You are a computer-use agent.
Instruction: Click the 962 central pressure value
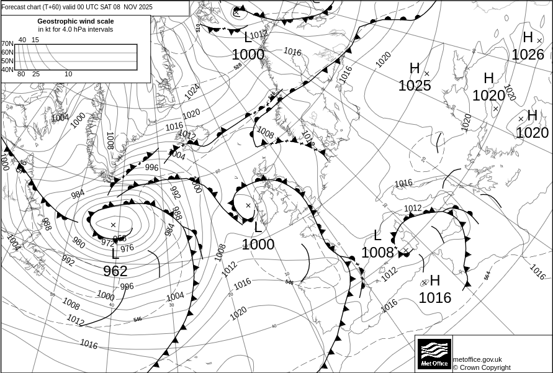coord(115,271)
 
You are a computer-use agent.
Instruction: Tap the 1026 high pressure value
coord(528,55)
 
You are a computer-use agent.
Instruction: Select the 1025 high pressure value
coord(415,86)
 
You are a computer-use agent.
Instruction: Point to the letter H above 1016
coord(434,281)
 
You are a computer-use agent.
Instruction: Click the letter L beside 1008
coord(377,235)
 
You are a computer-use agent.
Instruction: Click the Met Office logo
coord(434,354)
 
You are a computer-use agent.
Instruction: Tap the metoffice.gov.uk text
coord(477,359)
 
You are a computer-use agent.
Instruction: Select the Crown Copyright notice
coord(482,367)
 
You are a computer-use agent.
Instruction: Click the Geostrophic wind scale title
coord(76,21)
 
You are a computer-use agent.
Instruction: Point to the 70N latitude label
coord(7,43)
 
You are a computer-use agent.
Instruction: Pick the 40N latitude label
coord(7,70)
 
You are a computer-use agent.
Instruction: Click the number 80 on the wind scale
coord(21,74)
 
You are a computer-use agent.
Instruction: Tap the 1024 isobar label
coord(192,92)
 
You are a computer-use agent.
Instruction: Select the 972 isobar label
coord(107,243)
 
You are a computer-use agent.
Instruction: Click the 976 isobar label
coord(127,248)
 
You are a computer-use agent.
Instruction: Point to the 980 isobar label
coord(79,242)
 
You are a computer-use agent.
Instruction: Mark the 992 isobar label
coord(68,261)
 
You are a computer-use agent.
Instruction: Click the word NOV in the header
coord(129,7)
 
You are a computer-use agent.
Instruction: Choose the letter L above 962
coord(115,254)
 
